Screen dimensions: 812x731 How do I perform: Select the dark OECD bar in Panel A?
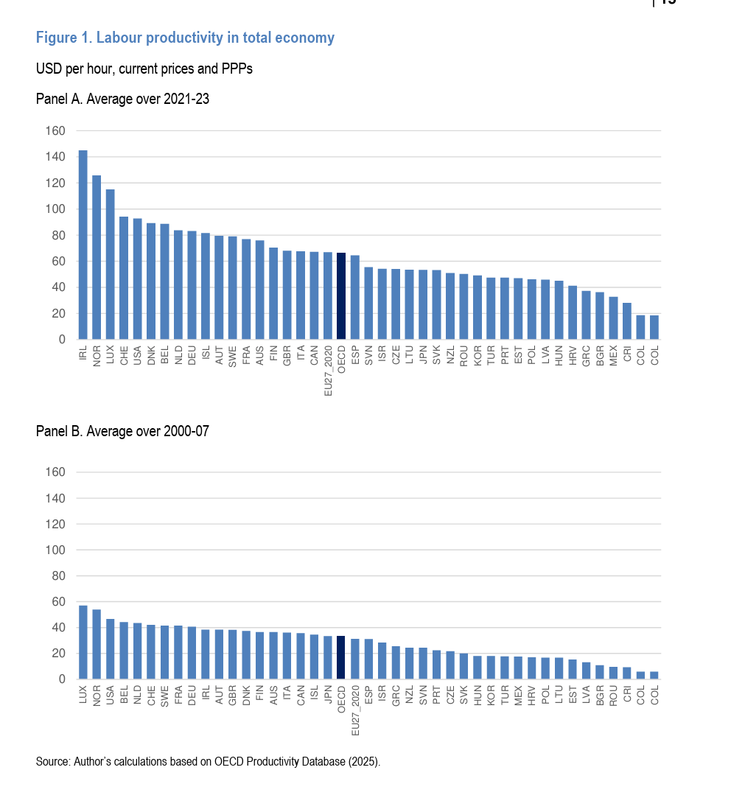[x=341, y=295]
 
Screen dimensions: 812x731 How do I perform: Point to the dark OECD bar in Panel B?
[x=341, y=657]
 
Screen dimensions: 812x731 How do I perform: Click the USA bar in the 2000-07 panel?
[x=110, y=649]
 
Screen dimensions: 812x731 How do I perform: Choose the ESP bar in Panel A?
[x=355, y=297]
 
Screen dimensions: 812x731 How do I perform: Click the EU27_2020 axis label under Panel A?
[x=328, y=371]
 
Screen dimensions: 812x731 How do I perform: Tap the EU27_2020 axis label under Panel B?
[x=355, y=711]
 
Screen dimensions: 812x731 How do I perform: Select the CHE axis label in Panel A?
[x=124, y=354]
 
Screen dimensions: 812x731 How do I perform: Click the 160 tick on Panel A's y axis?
[x=57, y=131]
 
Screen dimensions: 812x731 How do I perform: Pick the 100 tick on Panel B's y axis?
[x=57, y=550]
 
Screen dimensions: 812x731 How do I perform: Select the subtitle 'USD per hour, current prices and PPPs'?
[x=144, y=69]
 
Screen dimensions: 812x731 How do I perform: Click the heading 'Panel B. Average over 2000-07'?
[x=122, y=432]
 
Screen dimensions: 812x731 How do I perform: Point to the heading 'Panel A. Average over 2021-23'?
[x=122, y=99]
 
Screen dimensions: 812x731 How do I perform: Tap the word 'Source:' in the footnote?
[x=53, y=762]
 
